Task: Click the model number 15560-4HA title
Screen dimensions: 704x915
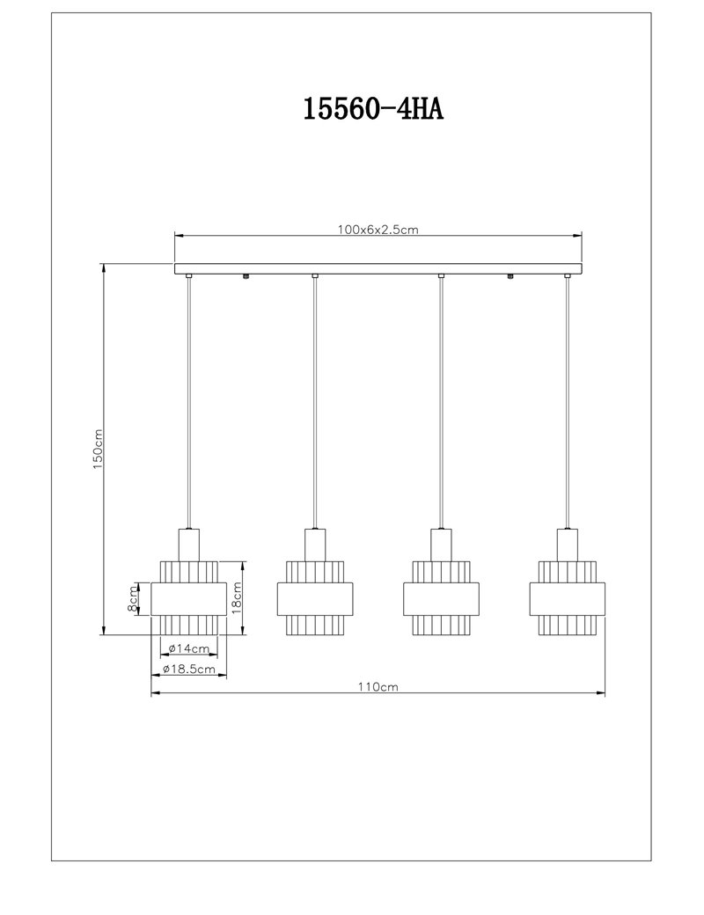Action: coord(373,109)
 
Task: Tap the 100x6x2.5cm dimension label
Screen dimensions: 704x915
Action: coord(378,230)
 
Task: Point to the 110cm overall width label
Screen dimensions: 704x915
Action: coord(378,687)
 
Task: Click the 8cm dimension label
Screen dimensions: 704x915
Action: coord(133,598)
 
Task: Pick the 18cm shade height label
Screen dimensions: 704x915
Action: coord(237,597)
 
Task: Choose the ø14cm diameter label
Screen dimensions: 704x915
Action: coord(188,648)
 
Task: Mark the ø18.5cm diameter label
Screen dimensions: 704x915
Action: coord(188,670)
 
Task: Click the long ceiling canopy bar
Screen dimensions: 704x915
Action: coord(378,268)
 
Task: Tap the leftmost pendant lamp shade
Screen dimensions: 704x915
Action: coord(188,598)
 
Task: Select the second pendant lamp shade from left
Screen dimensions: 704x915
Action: coord(315,598)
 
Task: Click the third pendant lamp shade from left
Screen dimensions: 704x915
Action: coord(441,598)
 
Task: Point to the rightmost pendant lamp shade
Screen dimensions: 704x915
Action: coord(568,598)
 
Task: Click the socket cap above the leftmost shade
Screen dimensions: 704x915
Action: coord(188,545)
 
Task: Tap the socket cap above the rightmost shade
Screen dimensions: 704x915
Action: coord(568,545)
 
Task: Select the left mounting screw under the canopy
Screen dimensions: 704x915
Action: coord(246,276)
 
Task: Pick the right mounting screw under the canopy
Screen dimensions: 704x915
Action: coord(510,276)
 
